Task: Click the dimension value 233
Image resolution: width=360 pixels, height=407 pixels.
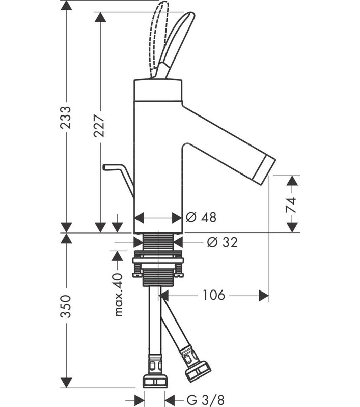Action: (66, 118)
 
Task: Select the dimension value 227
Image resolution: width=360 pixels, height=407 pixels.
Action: (99, 125)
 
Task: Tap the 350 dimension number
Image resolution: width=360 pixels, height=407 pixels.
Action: (66, 306)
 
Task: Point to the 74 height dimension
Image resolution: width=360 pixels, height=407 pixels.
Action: (291, 205)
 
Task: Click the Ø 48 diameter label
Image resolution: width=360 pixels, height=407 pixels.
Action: (201, 217)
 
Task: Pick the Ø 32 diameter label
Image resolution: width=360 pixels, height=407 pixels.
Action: (223, 242)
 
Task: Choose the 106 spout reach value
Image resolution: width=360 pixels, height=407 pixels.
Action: (213, 295)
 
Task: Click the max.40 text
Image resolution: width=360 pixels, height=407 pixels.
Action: (118, 295)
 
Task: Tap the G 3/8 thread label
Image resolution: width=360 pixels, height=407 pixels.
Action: (205, 400)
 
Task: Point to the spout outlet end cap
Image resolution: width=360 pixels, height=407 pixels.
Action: (264, 170)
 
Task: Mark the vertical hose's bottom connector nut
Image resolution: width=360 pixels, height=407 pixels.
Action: (155, 381)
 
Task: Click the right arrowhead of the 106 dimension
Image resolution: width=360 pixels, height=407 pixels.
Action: (264, 296)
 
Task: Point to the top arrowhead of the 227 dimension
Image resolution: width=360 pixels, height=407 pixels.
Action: (100, 17)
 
